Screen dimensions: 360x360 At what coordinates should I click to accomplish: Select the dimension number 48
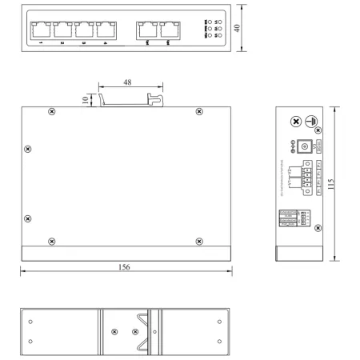coord(128,82)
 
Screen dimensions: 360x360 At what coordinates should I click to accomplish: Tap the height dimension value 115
coord(343,182)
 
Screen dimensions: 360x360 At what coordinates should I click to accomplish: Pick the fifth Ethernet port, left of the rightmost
coord(146,30)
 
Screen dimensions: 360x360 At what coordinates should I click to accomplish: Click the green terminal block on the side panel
coord(307,176)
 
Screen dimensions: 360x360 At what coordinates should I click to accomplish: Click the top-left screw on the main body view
coord(52,111)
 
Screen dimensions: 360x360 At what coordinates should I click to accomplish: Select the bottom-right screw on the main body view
coord(198,240)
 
